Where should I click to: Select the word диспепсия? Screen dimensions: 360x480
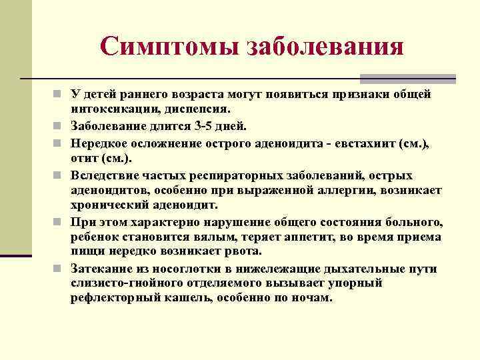point(197,108)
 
